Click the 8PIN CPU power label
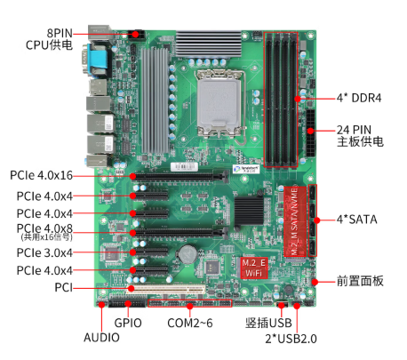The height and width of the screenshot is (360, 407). (49, 39)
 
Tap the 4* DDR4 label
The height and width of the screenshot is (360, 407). (359, 98)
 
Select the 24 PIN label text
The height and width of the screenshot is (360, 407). (354, 130)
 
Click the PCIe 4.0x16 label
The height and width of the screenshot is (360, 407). (41, 175)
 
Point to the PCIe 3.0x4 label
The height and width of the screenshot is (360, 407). (44, 252)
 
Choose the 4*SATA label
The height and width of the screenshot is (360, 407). (357, 220)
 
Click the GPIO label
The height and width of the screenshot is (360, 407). (128, 323)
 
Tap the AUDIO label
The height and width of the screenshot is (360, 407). (101, 338)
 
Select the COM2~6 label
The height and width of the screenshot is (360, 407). (190, 323)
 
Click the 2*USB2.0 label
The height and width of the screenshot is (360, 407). (291, 339)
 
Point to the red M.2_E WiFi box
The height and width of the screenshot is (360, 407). (254, 268)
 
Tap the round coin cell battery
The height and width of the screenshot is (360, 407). (188, 254)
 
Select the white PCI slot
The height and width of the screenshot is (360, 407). (166, 289)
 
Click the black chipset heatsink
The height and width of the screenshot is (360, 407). (249, 211)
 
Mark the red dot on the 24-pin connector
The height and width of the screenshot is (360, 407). (310, 131)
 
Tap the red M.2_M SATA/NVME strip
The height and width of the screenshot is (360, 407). (295, 221)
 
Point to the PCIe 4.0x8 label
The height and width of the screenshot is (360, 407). (44, 232)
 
